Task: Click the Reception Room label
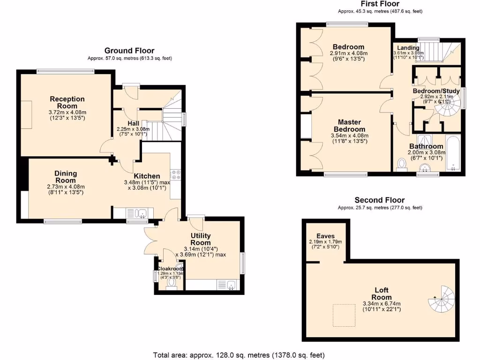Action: [x=67, y=102]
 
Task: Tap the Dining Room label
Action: [x=66, y=177]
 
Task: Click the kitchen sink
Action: [x=140, y=214]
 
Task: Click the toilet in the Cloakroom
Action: [x=171, y=287]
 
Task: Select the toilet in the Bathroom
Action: [x=401, y=165]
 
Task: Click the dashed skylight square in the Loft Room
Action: [x=345, y=315]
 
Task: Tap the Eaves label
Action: [x=325, y=236]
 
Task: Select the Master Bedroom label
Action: [x=349, y=126]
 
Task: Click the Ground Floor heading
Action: [x=129, y=51]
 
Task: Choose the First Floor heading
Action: [x=380, y=4]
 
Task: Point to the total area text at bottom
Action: [x=239, y=355]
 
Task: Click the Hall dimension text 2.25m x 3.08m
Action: [x=133, y=129]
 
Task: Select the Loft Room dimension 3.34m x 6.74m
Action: [x=380, y=303]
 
